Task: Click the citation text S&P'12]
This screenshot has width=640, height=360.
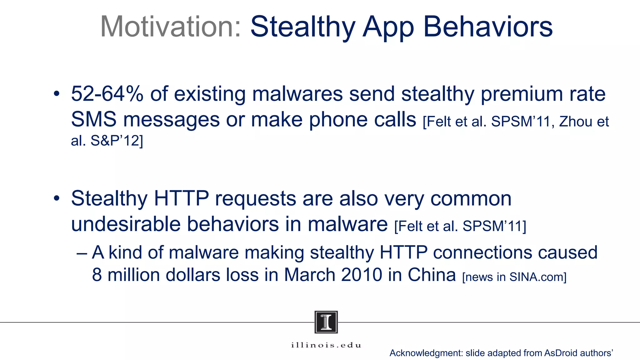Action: click(117, 141)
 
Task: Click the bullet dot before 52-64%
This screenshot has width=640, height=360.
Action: click(56, 94)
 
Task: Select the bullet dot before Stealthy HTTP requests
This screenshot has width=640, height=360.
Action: click(56, 198)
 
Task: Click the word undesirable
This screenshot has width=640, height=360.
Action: click(126, 224)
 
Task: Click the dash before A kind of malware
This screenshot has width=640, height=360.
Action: click(82, 252)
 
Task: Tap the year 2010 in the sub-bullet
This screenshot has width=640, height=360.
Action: click(362, 275)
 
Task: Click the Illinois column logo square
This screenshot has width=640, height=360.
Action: click(326, 322)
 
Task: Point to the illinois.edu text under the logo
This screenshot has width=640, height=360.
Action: click(326, 345)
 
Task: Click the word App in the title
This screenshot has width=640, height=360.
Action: click(388, 27)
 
